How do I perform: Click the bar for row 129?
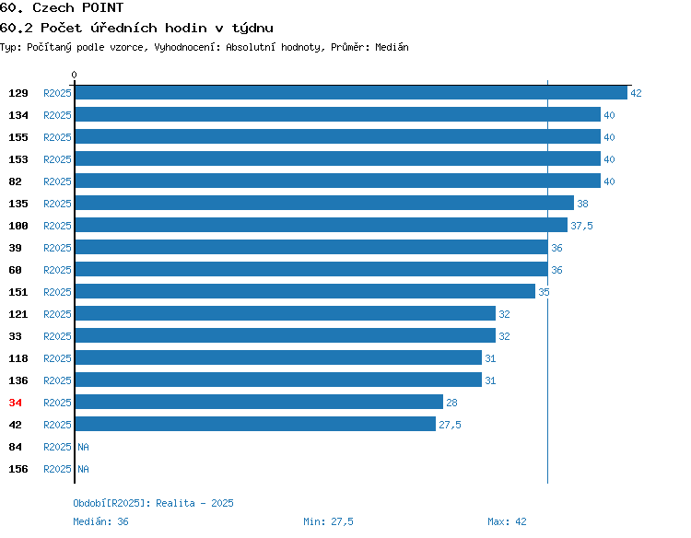[x=351, y=92]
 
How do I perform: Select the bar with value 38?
[x=325, y=203]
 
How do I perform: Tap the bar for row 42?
[x=255, y=424]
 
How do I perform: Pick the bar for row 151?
[x=305, y=291]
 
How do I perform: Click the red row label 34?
[x=15, y=403]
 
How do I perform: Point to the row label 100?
[x=18, y=226]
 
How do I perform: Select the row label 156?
[x=18, y=469]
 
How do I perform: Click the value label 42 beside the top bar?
[x=636, y=93]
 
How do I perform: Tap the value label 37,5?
[x=581, y=226]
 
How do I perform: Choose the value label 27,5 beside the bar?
[x=450, y=425]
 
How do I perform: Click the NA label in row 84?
[x=83, y=447]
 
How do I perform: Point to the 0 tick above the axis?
[x=74, y=75]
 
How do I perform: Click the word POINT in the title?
[x=102, y=7]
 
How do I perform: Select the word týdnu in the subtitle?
[x=252, y=29]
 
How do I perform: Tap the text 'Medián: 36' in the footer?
[x=101, y=521]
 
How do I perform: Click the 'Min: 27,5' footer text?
[x=328, y=521]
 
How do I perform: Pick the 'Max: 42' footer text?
[x=507, y=521]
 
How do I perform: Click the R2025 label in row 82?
[x=57, y=181]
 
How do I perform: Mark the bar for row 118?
[x=278, y=357]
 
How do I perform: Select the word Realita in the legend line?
[x=175, y=503]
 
